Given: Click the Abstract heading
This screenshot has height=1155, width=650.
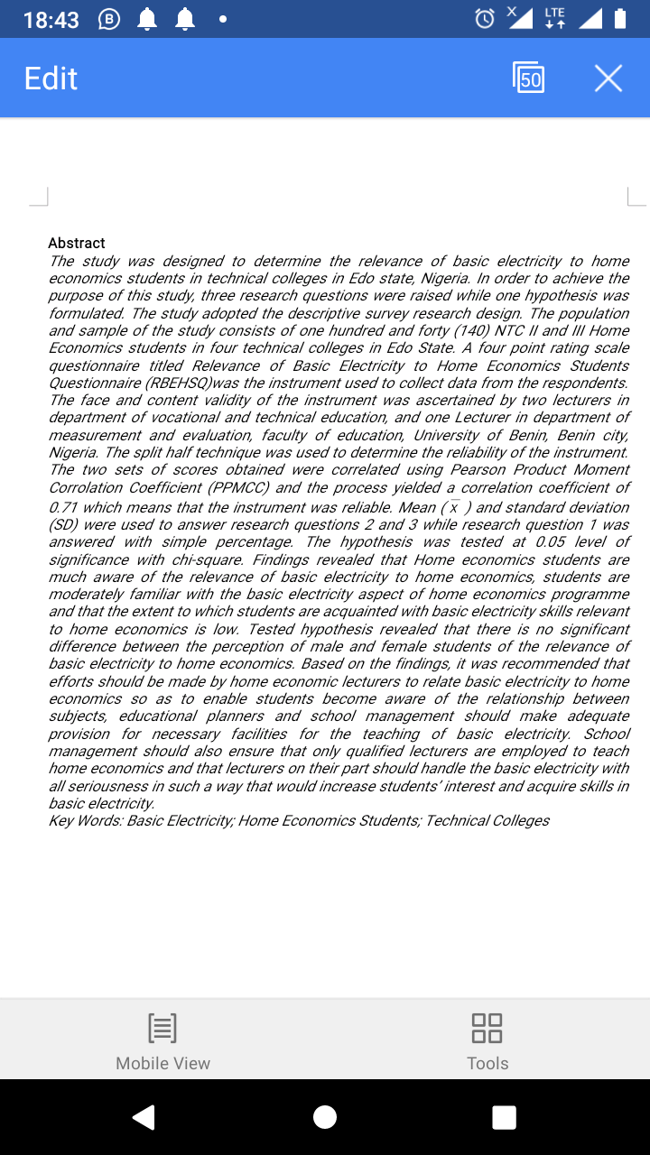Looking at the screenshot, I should pyautogui.click(x=77, y=243).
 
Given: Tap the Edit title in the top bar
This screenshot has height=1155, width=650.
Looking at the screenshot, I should pyautogui.click(x=51, y=79).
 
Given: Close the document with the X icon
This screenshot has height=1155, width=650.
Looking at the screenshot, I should pyautogui.click(x=608, y=79).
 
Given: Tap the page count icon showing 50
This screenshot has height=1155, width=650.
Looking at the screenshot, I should pyautogui.click(x=529, y=79).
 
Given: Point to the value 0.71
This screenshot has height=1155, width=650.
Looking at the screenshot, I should pyautogui.click(x=65, y=507).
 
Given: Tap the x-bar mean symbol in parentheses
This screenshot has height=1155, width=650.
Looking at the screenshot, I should pyautogui.click(x=456, y=507).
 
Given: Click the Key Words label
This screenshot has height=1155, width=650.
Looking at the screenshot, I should pyautogui.click(x=86, y=820).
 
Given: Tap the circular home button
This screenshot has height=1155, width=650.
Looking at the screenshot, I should pyautogui.click(x=325, y=1117).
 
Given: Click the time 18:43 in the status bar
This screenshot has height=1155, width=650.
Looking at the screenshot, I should pyautogui.click(x=51, y=20).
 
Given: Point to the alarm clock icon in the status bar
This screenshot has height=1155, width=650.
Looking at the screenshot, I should pyautogui.click(x=485, y=19).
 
